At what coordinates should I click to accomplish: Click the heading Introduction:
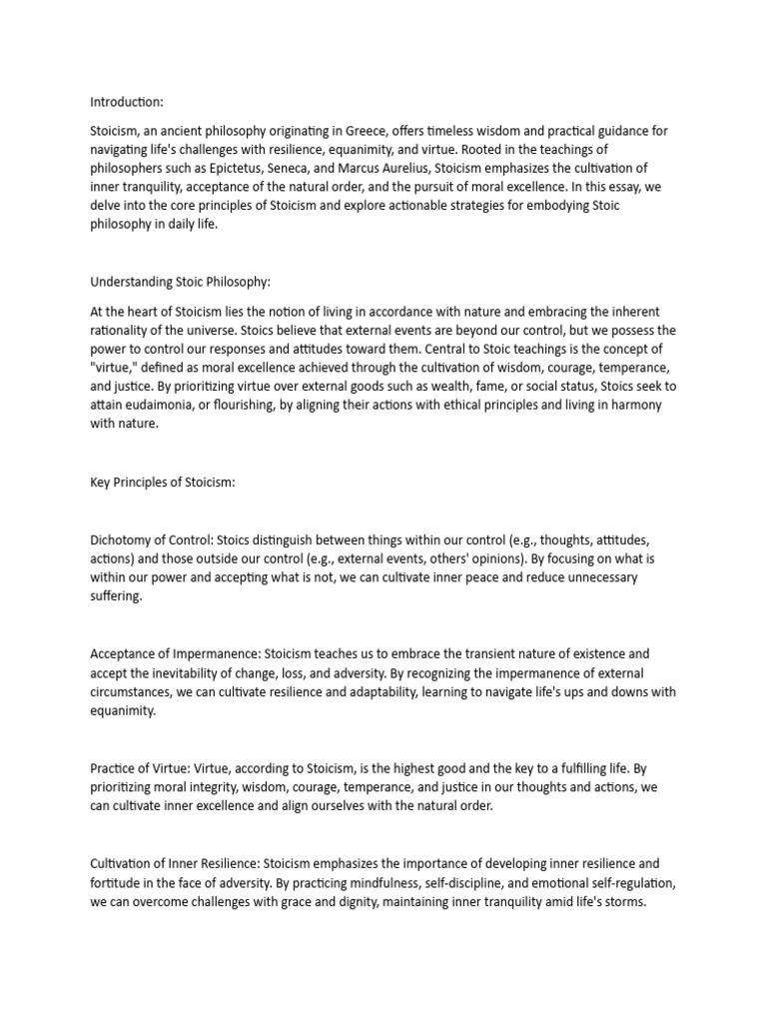click(127, 102)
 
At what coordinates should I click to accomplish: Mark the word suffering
click(116, 595)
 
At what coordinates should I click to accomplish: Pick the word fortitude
click(115, 903)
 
